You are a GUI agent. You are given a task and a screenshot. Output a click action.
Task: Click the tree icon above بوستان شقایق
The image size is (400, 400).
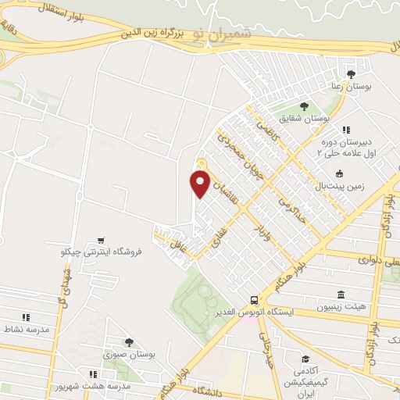304,106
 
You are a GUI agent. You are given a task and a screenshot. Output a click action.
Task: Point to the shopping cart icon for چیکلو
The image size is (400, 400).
100,240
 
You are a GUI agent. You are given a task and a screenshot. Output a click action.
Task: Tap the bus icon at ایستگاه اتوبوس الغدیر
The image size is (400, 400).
253,301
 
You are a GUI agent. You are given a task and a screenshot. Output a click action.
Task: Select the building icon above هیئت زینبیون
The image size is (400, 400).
341,295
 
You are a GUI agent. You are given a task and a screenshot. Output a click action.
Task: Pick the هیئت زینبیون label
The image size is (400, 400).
341,308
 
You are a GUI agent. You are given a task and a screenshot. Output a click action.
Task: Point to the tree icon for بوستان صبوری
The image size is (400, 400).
130,342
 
